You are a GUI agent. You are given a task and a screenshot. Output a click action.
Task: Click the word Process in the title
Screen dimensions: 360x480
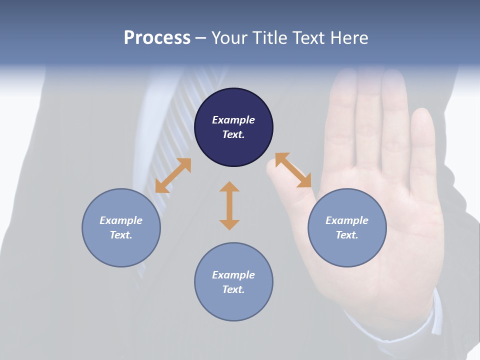coord(157,38)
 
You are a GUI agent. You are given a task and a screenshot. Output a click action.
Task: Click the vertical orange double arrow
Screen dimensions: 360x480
coord(229,205)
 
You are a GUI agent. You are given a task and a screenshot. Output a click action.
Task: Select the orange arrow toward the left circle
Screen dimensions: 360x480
coord(173,175)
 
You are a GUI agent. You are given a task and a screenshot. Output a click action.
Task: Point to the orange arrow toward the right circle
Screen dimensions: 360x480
coord(293,170)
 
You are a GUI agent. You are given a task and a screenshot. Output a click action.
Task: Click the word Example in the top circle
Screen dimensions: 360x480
coord(233,120)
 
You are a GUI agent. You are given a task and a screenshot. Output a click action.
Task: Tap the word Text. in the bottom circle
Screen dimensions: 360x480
coord(233,289)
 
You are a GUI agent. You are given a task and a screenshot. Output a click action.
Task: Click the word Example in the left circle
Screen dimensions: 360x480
coord(121,220)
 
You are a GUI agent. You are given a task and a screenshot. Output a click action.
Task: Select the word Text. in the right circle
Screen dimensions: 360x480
coord(347,235)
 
